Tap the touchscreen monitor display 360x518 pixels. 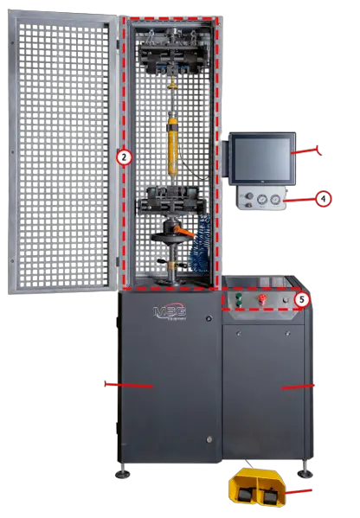262,158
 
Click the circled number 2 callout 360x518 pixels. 124,157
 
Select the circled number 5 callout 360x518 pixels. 300,298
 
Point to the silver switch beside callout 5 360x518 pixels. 285,299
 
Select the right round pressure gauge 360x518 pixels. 274,201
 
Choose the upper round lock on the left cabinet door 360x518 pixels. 208,319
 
